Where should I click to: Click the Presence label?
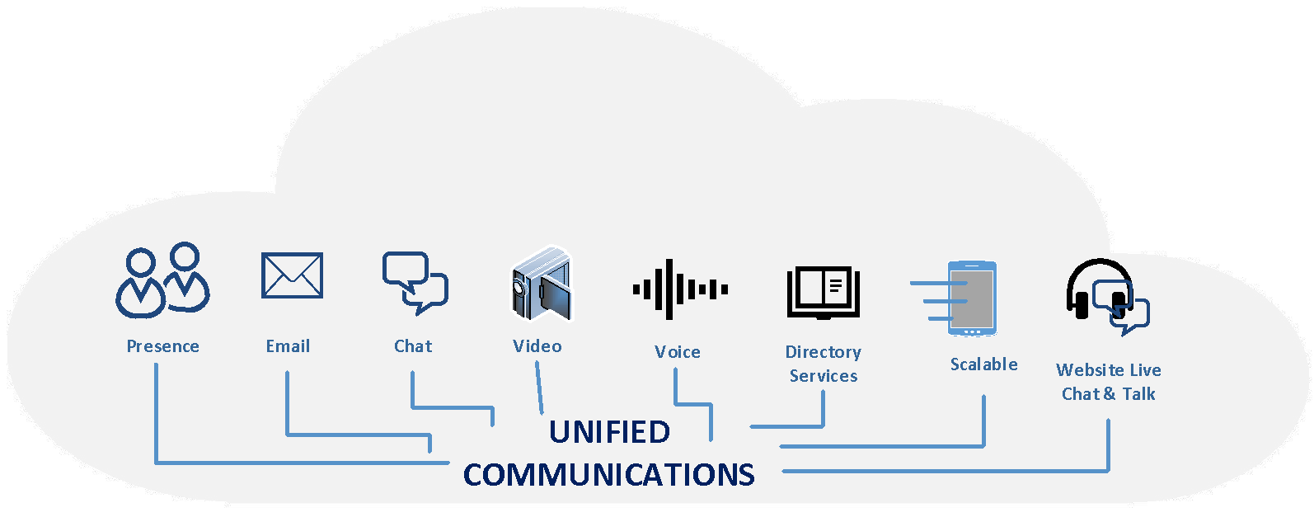(162, 346)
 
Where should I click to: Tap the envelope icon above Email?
(292, 275)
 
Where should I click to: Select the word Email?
(288, 346)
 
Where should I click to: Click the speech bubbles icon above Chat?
(414, 282)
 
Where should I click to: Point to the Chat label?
(412, 346)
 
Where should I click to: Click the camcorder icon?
(541, 284)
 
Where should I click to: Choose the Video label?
(537, 346)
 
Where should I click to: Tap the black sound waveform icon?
(679, 289)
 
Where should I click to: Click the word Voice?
(677, 352)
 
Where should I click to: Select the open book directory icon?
(823, 292)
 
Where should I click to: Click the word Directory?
(823, 352)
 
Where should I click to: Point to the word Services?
(823, 376)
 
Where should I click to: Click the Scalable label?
(983, 364)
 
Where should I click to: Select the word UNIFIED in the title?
(609, 432)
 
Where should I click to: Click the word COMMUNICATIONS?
(608, 475)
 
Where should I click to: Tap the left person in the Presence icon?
(141, 284)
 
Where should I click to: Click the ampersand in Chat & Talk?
(1110, 394)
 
